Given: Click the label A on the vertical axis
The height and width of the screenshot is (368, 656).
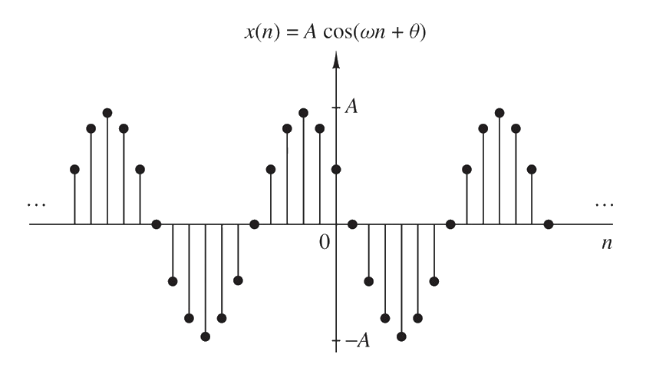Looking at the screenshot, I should coord(351,106).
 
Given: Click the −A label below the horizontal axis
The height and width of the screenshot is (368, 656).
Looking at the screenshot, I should coord(357,341).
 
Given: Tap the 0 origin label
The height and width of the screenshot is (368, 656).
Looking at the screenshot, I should coord(325,242).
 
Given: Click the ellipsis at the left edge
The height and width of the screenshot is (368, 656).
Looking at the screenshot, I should coord(36,204).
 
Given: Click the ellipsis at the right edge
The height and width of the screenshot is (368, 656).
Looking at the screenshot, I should coord(604,204).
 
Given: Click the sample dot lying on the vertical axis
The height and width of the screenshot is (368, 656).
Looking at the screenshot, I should coord(336,168).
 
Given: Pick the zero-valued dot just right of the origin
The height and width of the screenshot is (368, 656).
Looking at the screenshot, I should coord(352,224).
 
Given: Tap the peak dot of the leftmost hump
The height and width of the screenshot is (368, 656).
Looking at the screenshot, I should coord(107,113).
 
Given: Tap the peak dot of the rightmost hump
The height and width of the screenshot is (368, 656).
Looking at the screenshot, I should coord(499,113).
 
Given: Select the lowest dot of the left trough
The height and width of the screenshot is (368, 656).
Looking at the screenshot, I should coord(206,337).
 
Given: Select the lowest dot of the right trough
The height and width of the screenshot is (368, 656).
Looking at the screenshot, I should coord(401,337).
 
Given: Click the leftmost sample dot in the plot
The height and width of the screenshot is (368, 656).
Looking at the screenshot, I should coord(74,168).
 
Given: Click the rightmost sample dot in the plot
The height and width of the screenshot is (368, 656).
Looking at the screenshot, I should coord(549,224).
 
